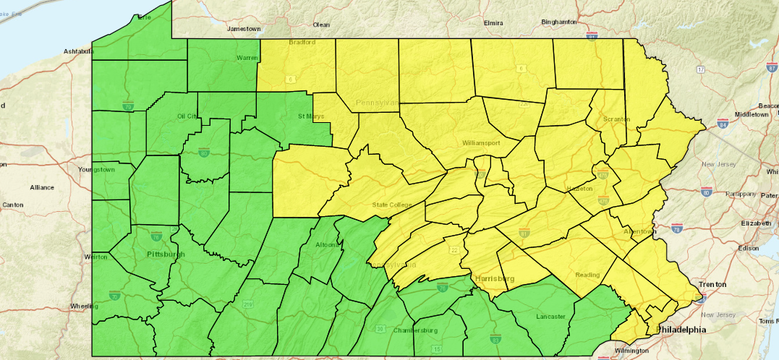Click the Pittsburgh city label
[x=166, y=254]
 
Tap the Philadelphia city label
[x=681, y=330]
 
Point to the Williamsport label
[x=482, y=143]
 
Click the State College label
[x=391, y=205]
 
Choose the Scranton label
[x=616, y=119]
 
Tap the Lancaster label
[x=551, y=317]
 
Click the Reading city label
[x=587, y=275]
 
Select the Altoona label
[x=327, y=244]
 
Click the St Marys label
[x=311, y=116]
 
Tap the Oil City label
[x=187, y=116]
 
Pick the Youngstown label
[x=96, y=170]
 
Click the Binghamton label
[x=559, y=22]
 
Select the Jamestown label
[x=244, y=29]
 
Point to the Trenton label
[x=712, y=284]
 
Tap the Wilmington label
[x=633, y=351]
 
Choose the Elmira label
[x=494, y=23]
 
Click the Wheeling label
[x=85, y=307]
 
